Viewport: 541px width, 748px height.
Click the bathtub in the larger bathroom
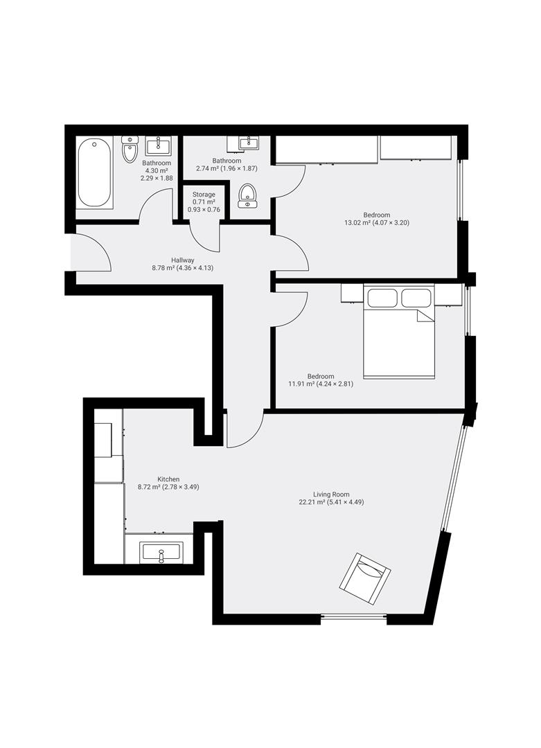pyautogui.click(x=94, y=172)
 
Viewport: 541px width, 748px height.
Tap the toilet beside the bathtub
pyautogui.click(x=130, y=150)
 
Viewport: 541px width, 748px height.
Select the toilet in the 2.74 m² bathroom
pyautogui.click(x=247, y=195)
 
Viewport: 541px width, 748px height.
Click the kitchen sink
pyautogui.click(x=161, y=553)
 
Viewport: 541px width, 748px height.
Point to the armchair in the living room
pyautogui.click(x=365, y=578)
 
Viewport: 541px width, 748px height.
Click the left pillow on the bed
pyautogui.click(x=382, y=298)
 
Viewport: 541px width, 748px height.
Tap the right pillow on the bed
pyautogui.click(x=416, y=298)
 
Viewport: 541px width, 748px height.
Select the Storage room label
pyautogui.click(x=204, y=195)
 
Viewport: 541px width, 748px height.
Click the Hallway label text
pyautogui.click(x=183, y=260)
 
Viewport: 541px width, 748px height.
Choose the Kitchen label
pyautogui.click(x=168, y=479)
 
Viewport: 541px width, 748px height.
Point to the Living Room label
pyautogui.click(x=331, y=495)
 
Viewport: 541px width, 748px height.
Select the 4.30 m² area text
pyautogui.click(x=157, y=170)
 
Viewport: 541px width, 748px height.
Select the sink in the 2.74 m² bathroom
pyautogui.click(x=249, y=142)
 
